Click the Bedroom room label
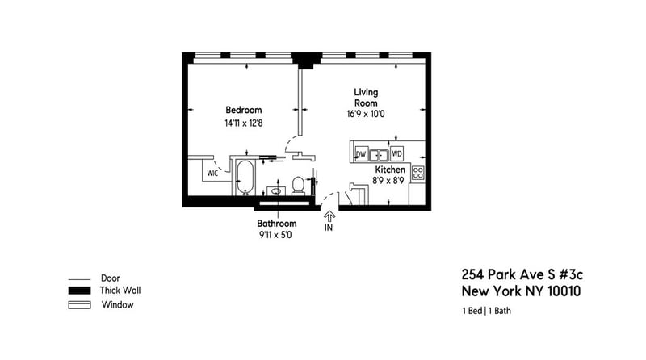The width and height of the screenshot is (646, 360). [243, 110]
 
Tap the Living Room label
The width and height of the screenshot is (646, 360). [366, 97]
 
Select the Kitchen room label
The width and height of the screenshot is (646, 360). [389, 170]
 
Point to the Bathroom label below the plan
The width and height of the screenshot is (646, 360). [277, 223]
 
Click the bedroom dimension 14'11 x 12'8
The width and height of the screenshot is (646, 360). [244, 123]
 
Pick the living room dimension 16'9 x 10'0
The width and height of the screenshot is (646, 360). [365, 115]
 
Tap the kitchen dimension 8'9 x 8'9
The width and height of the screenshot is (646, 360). [388, 181]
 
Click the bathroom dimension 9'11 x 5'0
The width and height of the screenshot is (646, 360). [277, 235]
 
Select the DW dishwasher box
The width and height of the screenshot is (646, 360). [361, 153]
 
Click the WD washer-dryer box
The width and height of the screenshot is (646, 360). [396, 153]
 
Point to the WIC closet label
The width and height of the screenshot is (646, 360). [212, 173]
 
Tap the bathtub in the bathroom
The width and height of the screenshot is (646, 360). [244, 178]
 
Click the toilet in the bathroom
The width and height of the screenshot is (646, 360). [298, 185]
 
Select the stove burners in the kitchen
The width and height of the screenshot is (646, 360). [418, 172]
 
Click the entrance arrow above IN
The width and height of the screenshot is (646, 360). [329, 215]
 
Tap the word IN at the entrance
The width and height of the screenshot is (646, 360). [329, 228]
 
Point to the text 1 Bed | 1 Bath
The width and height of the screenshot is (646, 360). [486, 311]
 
